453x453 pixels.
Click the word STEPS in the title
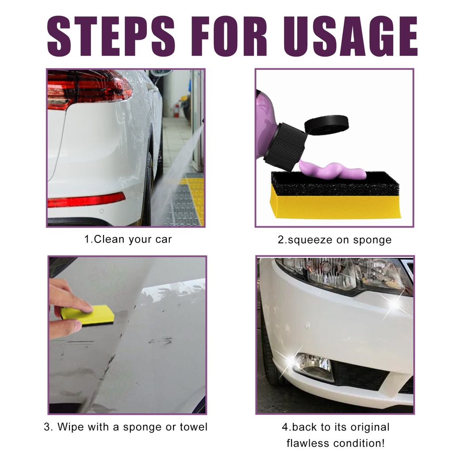point(111,36)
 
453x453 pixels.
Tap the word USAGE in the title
point(350,36)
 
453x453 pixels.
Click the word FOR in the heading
point(229,36)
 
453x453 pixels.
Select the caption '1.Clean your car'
point(128,239)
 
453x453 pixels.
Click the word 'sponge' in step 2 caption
point(372,240)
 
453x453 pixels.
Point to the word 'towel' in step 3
point(194,427)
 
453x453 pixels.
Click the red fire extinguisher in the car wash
point(177,110)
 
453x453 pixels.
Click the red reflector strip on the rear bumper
point(86,200)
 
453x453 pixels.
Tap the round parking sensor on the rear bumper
point(101,211)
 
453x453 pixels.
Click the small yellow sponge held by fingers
point(88,316)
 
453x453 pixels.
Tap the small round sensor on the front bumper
point(307,326)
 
